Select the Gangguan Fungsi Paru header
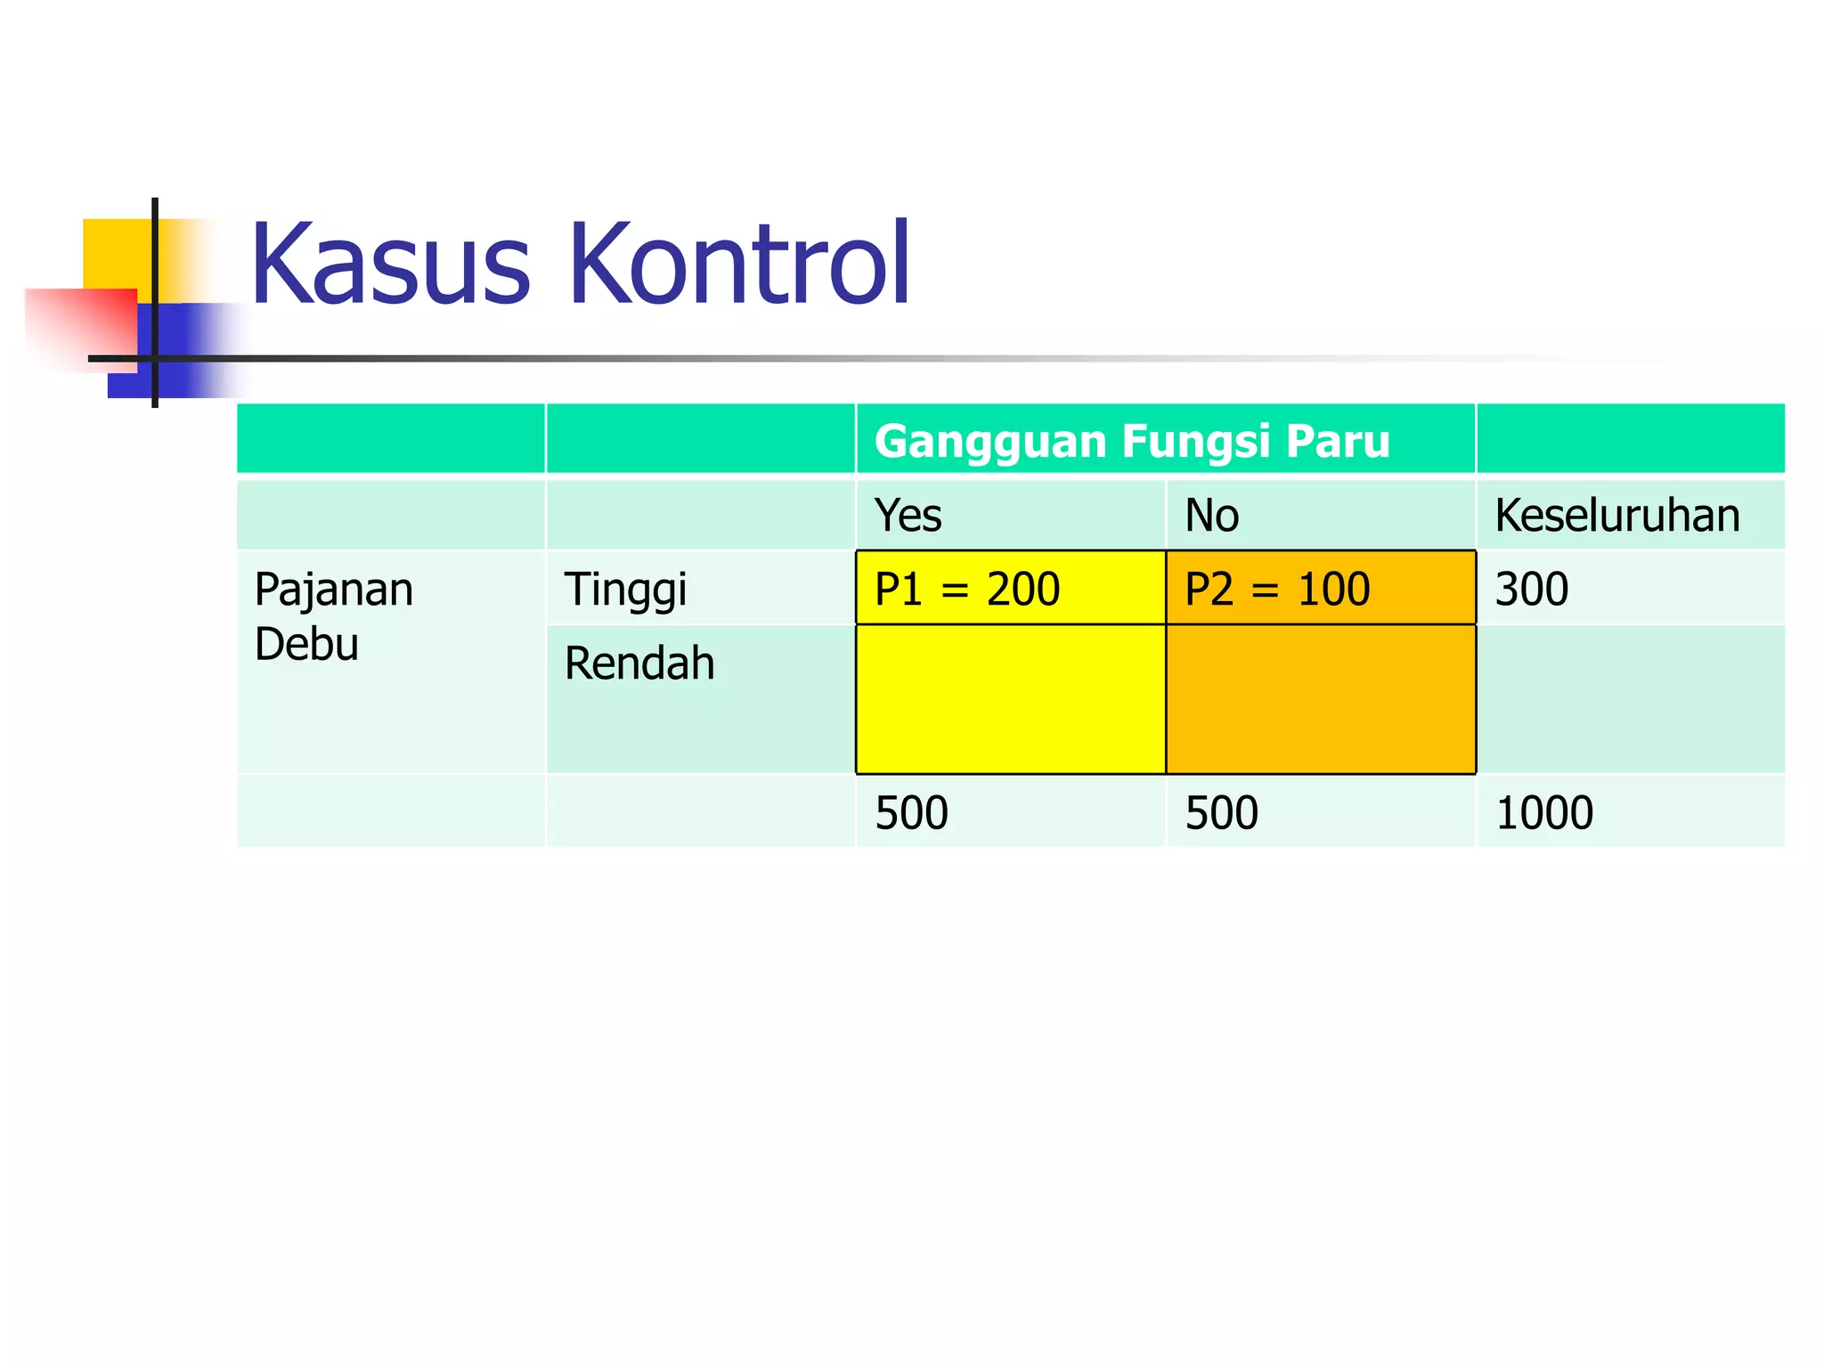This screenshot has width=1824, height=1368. coord(1131,442)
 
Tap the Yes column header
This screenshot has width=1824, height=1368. coord(908,516)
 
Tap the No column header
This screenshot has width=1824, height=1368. coord(1211,516)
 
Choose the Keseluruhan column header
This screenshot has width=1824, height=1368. coord(1616,516)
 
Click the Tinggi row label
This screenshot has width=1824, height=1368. coord(625,590)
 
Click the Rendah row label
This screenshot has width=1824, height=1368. coord(639,664)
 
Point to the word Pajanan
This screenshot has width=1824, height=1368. coord(334,590)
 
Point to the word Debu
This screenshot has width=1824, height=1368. coord(306,644)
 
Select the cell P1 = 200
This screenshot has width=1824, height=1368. coord(967,589)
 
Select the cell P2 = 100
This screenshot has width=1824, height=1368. coord(1277,589)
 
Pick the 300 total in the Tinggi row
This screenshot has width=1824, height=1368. coord(1531,589)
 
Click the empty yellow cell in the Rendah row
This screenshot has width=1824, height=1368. coord(1010,699)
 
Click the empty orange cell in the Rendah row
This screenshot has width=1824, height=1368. coord(1320,699)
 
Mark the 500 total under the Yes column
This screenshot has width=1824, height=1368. coord(911,812)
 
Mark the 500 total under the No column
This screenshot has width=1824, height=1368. coord(1221,812)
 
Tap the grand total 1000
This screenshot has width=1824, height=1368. coord(1543,812)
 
